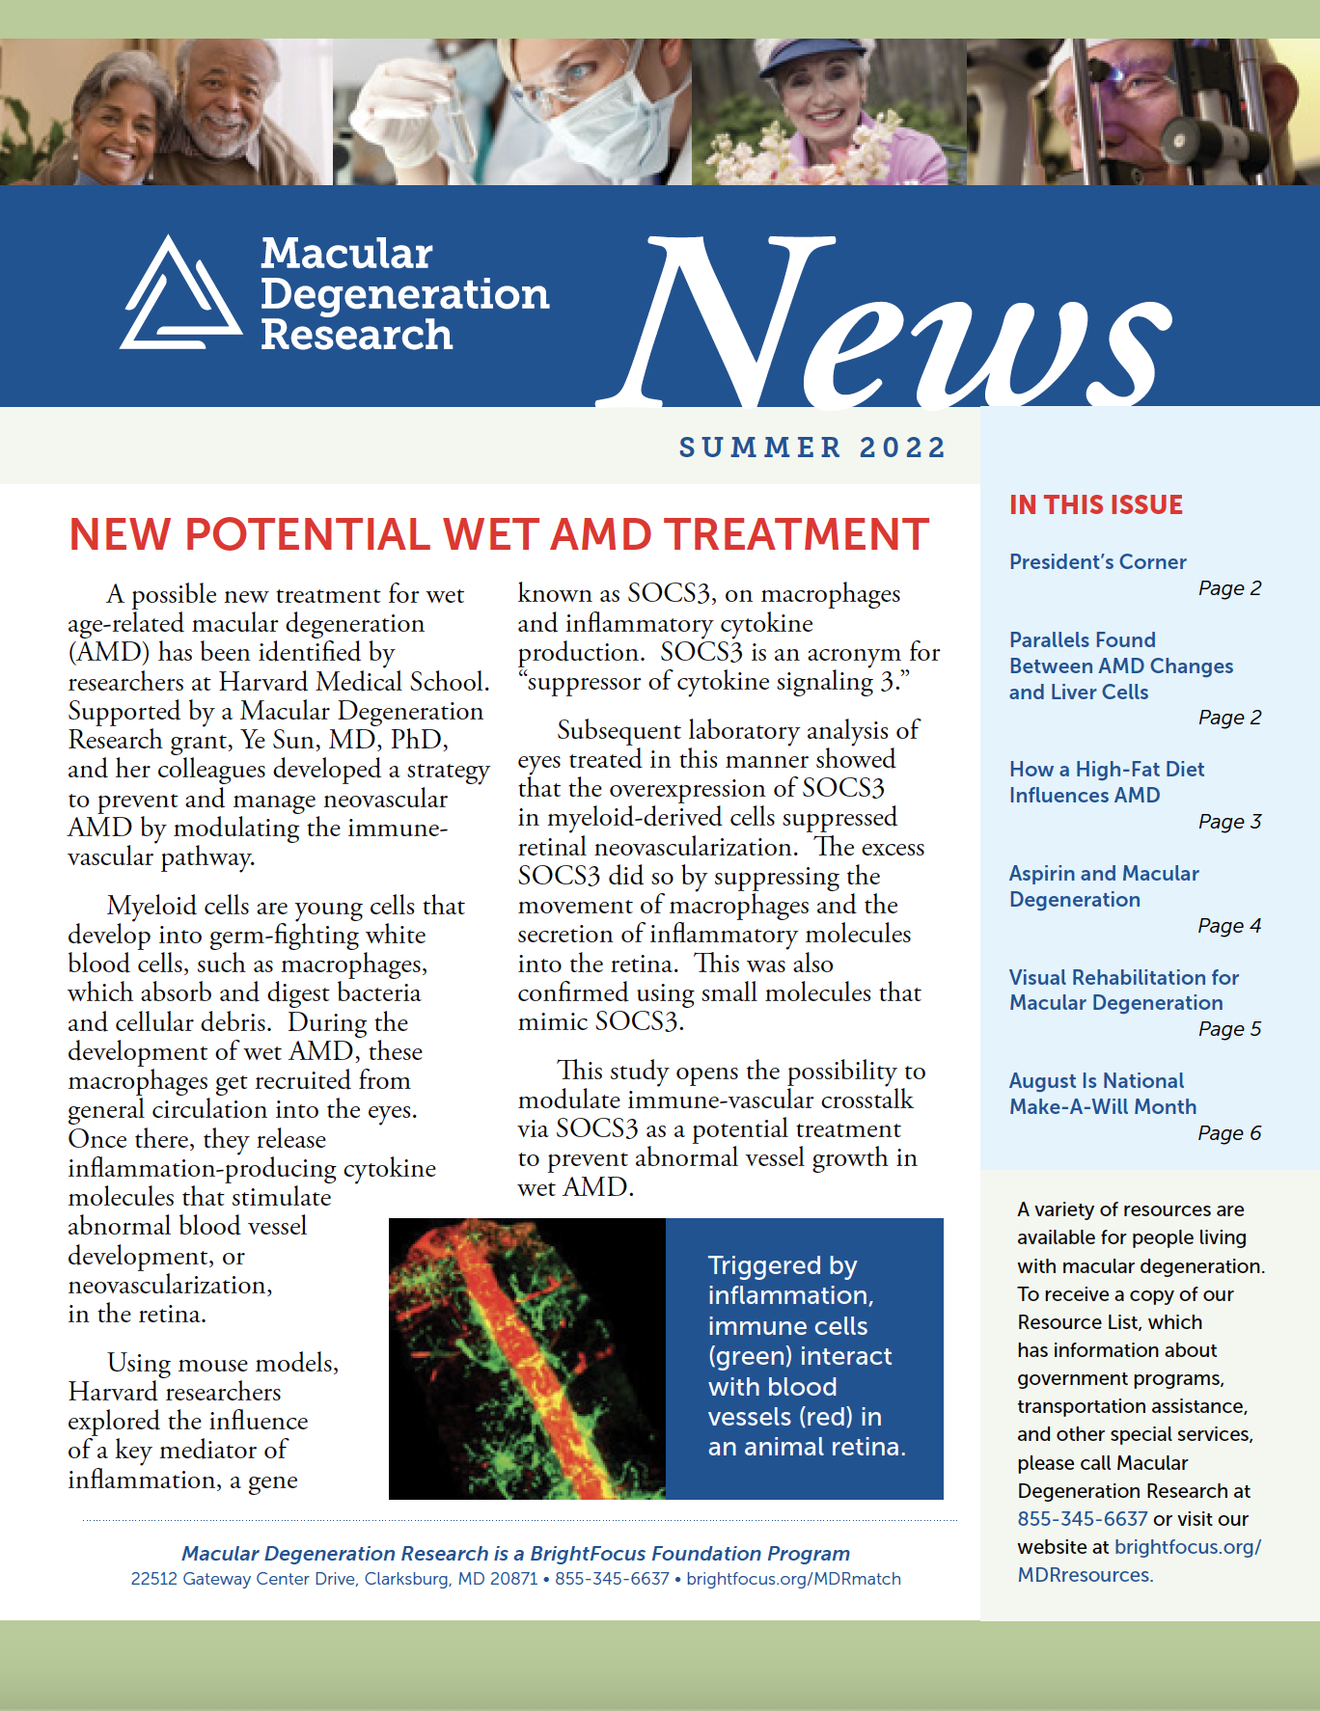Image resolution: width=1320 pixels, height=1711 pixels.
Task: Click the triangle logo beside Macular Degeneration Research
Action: point(180,294)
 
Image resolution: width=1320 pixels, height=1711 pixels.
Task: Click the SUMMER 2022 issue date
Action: point(812,448)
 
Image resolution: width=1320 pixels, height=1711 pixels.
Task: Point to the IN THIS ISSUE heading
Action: point(1095,505)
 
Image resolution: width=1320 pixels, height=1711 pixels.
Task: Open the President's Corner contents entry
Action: point(1097,562)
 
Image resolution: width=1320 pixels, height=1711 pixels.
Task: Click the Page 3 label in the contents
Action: point(1229,822)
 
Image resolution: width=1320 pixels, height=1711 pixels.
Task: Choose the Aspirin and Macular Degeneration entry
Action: point(1103,886)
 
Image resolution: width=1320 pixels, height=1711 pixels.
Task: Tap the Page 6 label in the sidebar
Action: point(1229,1133)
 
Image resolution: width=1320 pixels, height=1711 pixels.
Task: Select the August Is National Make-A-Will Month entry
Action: point(1102,1094)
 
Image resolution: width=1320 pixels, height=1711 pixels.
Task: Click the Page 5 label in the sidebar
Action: point(1229,1029)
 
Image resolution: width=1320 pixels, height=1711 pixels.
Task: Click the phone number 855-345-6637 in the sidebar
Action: point(1082,1519)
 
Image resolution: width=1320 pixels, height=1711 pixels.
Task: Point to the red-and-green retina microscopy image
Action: point(527,1358)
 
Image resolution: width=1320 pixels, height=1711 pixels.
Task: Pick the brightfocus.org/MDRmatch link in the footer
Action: point(793,1579)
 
